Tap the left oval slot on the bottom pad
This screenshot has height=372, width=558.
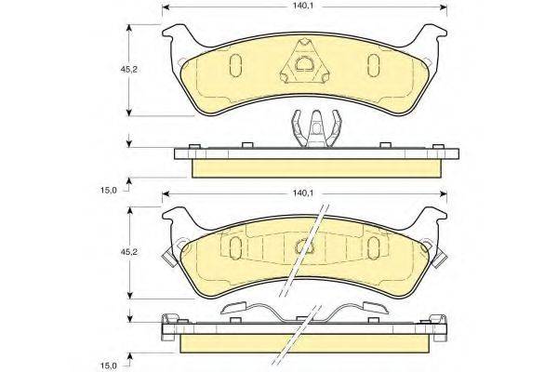(x=235, y=246)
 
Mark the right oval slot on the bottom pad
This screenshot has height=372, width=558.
(x=374, y=246)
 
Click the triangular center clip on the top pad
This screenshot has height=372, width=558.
(x=304, y=61)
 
